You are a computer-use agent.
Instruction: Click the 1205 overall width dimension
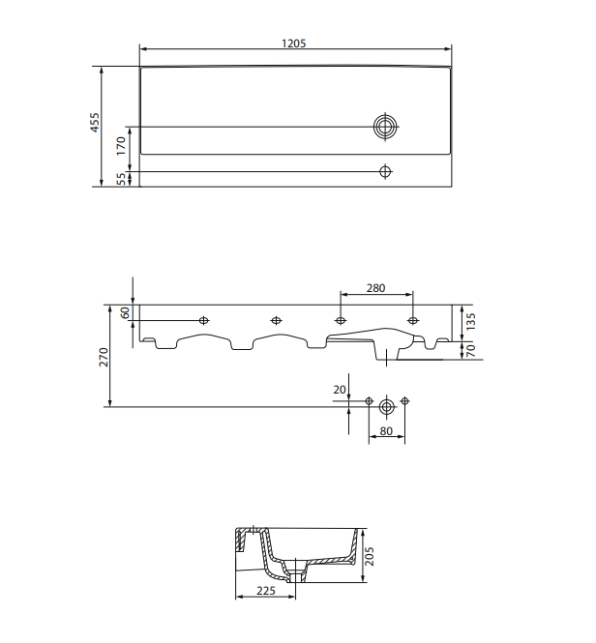pyautogui.click(x=294, y=44)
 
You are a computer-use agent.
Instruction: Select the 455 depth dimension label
pyautogui.click(x=95, y=122)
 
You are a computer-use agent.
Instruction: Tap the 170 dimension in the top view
pyautogui.click(x=121, y=146)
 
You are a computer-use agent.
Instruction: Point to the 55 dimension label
pyautogui.click(x=122, y=179)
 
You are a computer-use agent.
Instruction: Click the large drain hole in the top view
pyautogui.click(x=385, y=127)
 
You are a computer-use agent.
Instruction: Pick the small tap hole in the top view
pyautogui.click(x=385, y=171)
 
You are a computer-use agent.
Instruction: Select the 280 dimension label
pyautogui.click(x=376, y=288)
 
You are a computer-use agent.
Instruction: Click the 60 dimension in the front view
pyautogui.click(x=125, y=313)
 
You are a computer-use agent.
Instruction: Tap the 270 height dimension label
pyautogui.click(x=104, y=357)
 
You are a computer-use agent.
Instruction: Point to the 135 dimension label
pyautogui.click(x=471, y=322)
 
